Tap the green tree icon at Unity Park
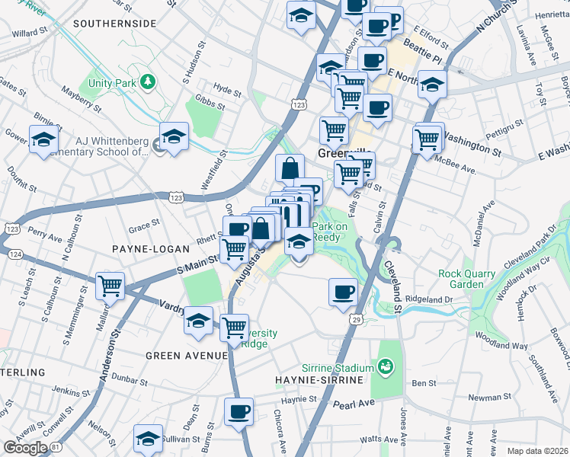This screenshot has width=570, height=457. click(147, 81)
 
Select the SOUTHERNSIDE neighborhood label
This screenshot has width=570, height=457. click(115, 24)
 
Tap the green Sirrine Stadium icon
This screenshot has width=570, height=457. click(386, 368)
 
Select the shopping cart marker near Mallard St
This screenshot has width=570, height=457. click(111, 286)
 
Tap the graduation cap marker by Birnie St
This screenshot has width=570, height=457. click(44, 139)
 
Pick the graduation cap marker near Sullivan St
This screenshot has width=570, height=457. click(148, 437)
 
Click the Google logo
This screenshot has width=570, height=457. click(25, 448)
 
